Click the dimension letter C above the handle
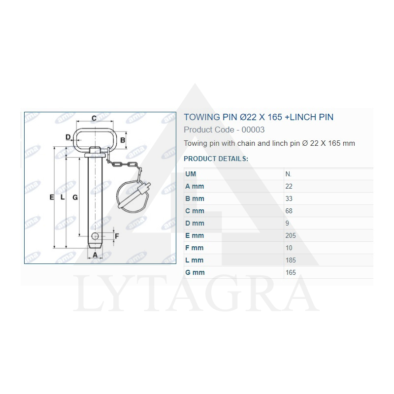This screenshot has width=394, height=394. (x=94, y=118)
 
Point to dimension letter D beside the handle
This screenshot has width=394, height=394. (x=68, y=137)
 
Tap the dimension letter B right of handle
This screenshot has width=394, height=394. (x=123, y=140)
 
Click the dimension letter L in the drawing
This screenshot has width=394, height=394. (x=63, y=197)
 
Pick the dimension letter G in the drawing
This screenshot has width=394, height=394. (x=75, y=197)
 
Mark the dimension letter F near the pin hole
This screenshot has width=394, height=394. (x=117, y=236)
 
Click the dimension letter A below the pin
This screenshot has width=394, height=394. (x=95, y=255)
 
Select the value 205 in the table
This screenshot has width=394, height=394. (x=291, y=235)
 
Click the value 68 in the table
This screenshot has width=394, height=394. (x=289, y=211)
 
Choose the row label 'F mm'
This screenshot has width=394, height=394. (x=194, y=248)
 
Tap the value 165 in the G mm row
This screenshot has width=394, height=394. (x=291, y=272)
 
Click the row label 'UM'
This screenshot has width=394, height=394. (x=191, y=174)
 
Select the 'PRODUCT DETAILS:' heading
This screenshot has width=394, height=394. (x=216, y=159)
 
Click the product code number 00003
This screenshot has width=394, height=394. (x=254, y=130)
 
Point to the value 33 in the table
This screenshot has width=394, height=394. (x=289, y=198)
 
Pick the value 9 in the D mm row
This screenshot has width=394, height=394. (x=287, y=223)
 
